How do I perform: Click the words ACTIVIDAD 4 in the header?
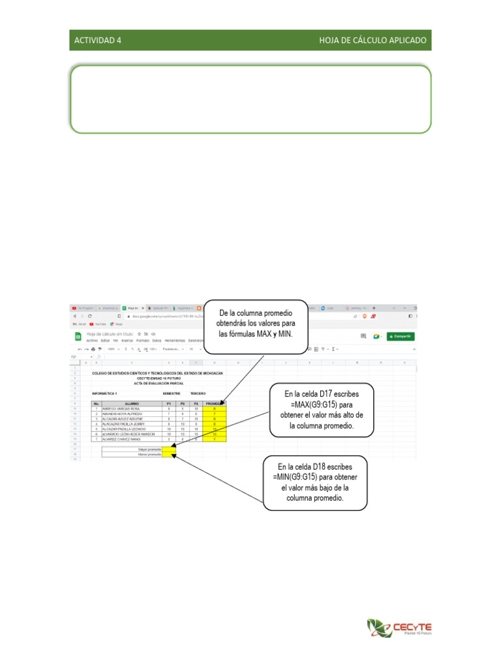98,40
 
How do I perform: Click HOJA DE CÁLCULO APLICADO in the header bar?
372,40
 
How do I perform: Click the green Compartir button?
400,337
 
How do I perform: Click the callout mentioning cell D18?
315,482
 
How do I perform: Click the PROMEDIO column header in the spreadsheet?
215,404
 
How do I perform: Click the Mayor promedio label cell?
132,449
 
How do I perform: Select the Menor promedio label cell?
132,455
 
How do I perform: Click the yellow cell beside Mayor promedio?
169,449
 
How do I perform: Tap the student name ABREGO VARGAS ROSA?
117,409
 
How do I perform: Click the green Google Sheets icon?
77,337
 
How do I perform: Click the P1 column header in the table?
169,404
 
